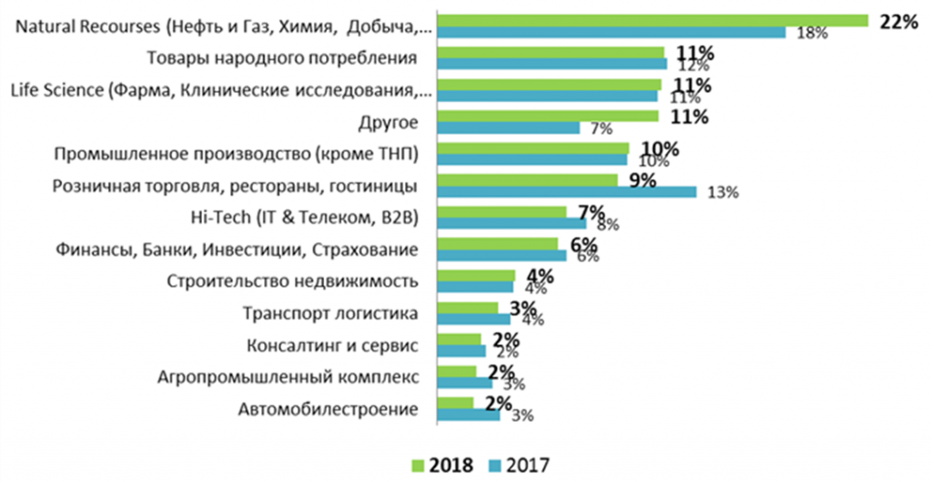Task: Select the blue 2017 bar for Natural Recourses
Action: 611,33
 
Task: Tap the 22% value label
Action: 898,23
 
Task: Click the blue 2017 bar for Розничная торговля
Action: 566,191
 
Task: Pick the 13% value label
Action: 719,192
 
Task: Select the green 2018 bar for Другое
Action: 547,116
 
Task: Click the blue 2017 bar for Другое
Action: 508,128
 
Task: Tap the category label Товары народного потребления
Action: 282,59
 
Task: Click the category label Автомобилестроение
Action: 329,409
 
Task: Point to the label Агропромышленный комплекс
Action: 289,377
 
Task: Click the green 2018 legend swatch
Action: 419,465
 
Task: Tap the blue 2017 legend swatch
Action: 492,465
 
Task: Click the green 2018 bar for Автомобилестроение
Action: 455,402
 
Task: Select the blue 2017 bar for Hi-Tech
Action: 512,223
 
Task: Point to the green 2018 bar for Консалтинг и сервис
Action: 459,339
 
